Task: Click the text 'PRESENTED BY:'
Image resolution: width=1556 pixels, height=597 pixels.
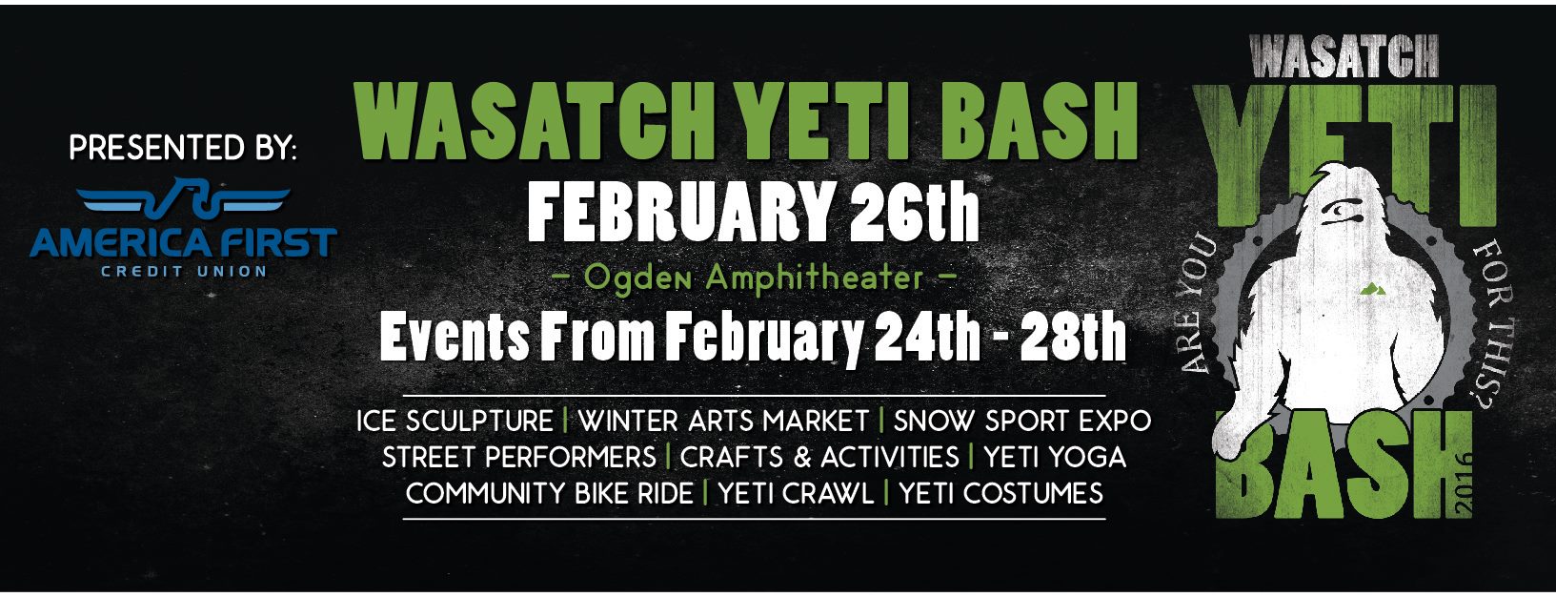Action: pyautogui.click(x=183, y=147)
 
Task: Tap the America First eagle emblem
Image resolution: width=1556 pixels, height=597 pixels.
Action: pyautogui.click(x=184, y=197)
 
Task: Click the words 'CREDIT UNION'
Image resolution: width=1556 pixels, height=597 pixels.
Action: pyautogui.click(x=184, y=271)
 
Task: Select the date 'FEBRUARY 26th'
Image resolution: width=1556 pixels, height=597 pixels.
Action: pyautogui.click(x=754, y=212)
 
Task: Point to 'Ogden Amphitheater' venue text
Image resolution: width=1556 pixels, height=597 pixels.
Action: pyautogui.click(x=754, y=278)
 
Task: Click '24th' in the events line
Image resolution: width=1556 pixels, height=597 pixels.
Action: pyautogui.click(x=927, y=337)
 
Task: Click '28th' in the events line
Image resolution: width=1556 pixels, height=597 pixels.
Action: pyautogui.click(x=1073, y=337)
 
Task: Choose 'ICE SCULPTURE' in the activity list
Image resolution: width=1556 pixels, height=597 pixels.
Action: pyautogui.click(x=455, y=422)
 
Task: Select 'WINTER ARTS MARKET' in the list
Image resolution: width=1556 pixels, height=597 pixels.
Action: pyautogui.click(x=723, y=422)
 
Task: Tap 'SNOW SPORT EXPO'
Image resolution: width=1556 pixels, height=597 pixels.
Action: pyautogui.click(x=1022, y=422)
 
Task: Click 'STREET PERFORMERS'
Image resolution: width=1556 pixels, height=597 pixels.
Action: pyautogui.click(x=519, y=458)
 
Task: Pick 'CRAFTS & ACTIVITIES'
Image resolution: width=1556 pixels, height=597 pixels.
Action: pyautogui.click(x=819, y=458)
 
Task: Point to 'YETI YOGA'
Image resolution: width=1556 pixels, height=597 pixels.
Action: pyautogui.click(x=1055, y=458)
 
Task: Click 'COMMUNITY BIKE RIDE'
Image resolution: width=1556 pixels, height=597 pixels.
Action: pyautogui.click(x=550, y=493)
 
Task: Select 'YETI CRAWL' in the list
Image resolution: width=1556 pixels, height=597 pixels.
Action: pyautogui.click(x=796, y=493)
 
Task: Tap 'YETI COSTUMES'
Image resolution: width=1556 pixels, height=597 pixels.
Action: pyautogui.click(x=1001, y=493)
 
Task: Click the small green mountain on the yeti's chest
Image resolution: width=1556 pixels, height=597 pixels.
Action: pyautogui.click(x=1373, y=288)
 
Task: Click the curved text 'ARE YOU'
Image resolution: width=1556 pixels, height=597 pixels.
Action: pyautogui.click(x=1200, y=306)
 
